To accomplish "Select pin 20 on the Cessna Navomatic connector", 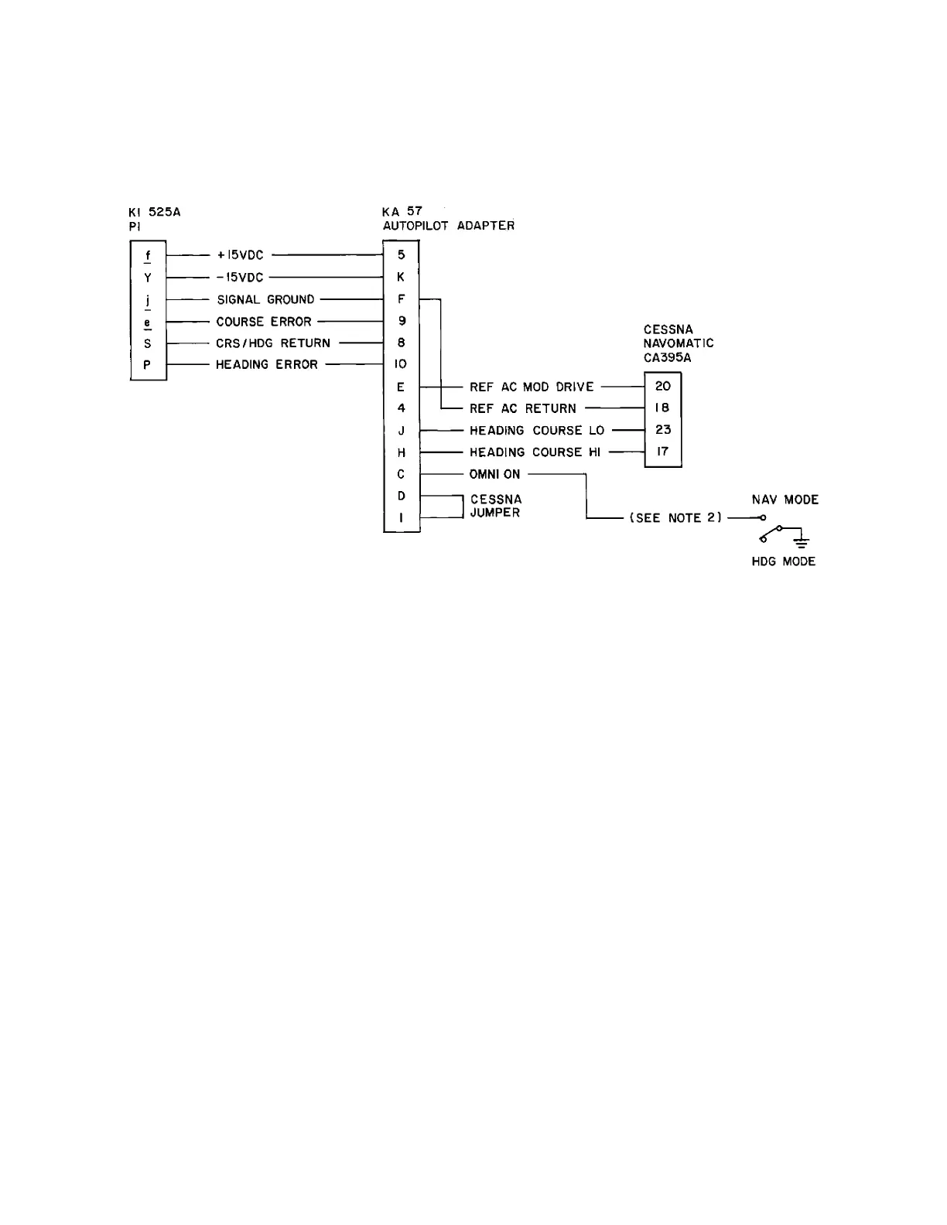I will [663, 386].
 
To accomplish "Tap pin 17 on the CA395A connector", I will [663, 452].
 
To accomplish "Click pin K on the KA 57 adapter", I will [402, 277].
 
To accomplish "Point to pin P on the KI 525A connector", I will [147, 365].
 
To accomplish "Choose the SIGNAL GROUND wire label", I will [265, 299].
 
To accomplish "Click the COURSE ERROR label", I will [264, 322].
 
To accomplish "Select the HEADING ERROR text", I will [267, 365].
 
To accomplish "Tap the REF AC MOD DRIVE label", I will [532, 387].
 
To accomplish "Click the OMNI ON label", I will [494, 474].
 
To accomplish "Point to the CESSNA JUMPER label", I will [495, 507].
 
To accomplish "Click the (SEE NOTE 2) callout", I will [675, 518].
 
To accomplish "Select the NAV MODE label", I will [785, 500].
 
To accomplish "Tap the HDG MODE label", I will [783, 561].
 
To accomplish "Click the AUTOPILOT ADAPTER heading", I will [449, 226].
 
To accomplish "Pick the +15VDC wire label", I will [241, 255].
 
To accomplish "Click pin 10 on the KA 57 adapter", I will [401, 364].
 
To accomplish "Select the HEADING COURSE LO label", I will [537, 431].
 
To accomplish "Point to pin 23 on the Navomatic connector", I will [663, 430].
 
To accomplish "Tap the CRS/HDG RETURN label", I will [273, 343].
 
